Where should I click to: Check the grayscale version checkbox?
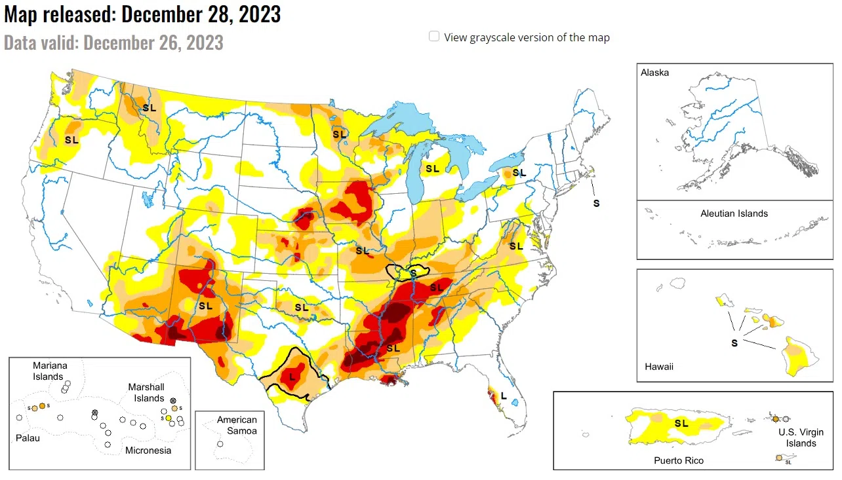click(x=434, y=37)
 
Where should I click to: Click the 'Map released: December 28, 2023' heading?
click(x=142, y=14)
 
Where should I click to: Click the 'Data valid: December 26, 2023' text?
click(x=113, y=43)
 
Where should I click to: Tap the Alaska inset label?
click(x=655, y=73)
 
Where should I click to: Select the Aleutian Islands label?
click(x=734, y=213)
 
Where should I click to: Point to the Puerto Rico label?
click(x=679, y=460)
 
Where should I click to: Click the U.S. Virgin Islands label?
click(x=801, y=437)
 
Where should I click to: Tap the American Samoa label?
click(x=237, y=425)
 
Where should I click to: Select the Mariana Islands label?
click(x=50, y=371)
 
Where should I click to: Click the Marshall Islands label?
click(x=146, y=392)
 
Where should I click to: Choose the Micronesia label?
click(x=148, y=450)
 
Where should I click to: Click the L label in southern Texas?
click(x=292, y=377)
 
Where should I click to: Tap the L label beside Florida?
click(x=503, y=396)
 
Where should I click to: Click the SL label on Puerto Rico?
click(x=681, y=423)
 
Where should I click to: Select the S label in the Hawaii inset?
click(x=734, y=342)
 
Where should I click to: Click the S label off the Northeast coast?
click(x=596, y=203)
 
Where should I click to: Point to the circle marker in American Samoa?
click(x=220, y=444)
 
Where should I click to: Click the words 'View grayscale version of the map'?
click(x=527, y=37)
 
